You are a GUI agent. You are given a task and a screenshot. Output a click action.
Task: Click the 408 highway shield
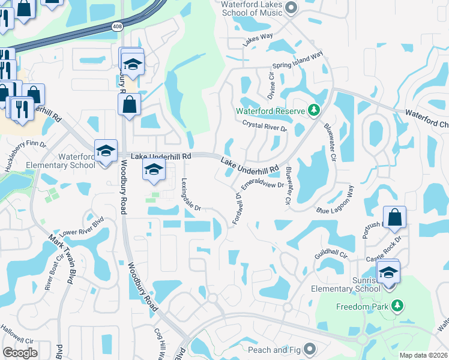(117, 26)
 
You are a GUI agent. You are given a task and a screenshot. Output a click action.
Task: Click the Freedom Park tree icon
(396, 306)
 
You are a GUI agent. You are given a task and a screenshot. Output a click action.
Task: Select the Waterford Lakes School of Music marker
(292, 7)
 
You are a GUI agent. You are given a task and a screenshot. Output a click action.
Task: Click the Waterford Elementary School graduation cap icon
(106, 150)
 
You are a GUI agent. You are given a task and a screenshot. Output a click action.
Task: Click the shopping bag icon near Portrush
(395, 217)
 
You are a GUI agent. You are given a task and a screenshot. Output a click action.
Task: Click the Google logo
(20, 353)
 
